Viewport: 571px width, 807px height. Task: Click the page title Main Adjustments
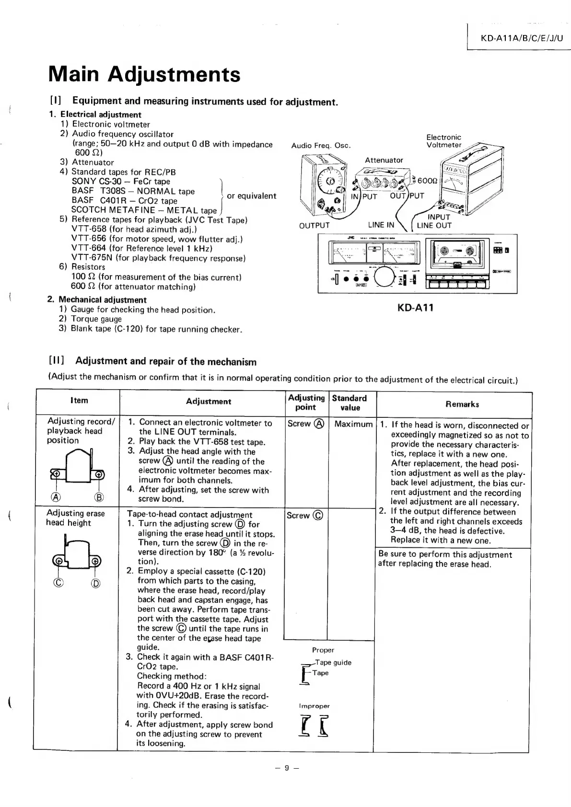tap(144, 74)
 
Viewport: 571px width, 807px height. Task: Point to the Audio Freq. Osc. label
tap(321, 146)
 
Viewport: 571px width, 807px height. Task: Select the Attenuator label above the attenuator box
tap(384, 160)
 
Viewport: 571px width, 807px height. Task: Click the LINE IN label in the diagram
tap(381, 225)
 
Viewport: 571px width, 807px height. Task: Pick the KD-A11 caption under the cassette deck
tap(415, 308)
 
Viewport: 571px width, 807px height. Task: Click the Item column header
tap(79, 401)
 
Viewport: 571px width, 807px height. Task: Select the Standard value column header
tap(350, 403)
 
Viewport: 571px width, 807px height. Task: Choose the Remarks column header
tap(462, 404)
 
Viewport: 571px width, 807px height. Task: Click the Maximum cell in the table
tap(353, 424)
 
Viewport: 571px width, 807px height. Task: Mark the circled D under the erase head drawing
tap(96, 583)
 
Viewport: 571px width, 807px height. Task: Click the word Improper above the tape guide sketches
tap(314, 706)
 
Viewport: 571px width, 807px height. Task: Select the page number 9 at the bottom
tap(287, 768)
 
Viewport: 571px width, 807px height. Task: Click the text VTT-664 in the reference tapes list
tap(88, 248)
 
